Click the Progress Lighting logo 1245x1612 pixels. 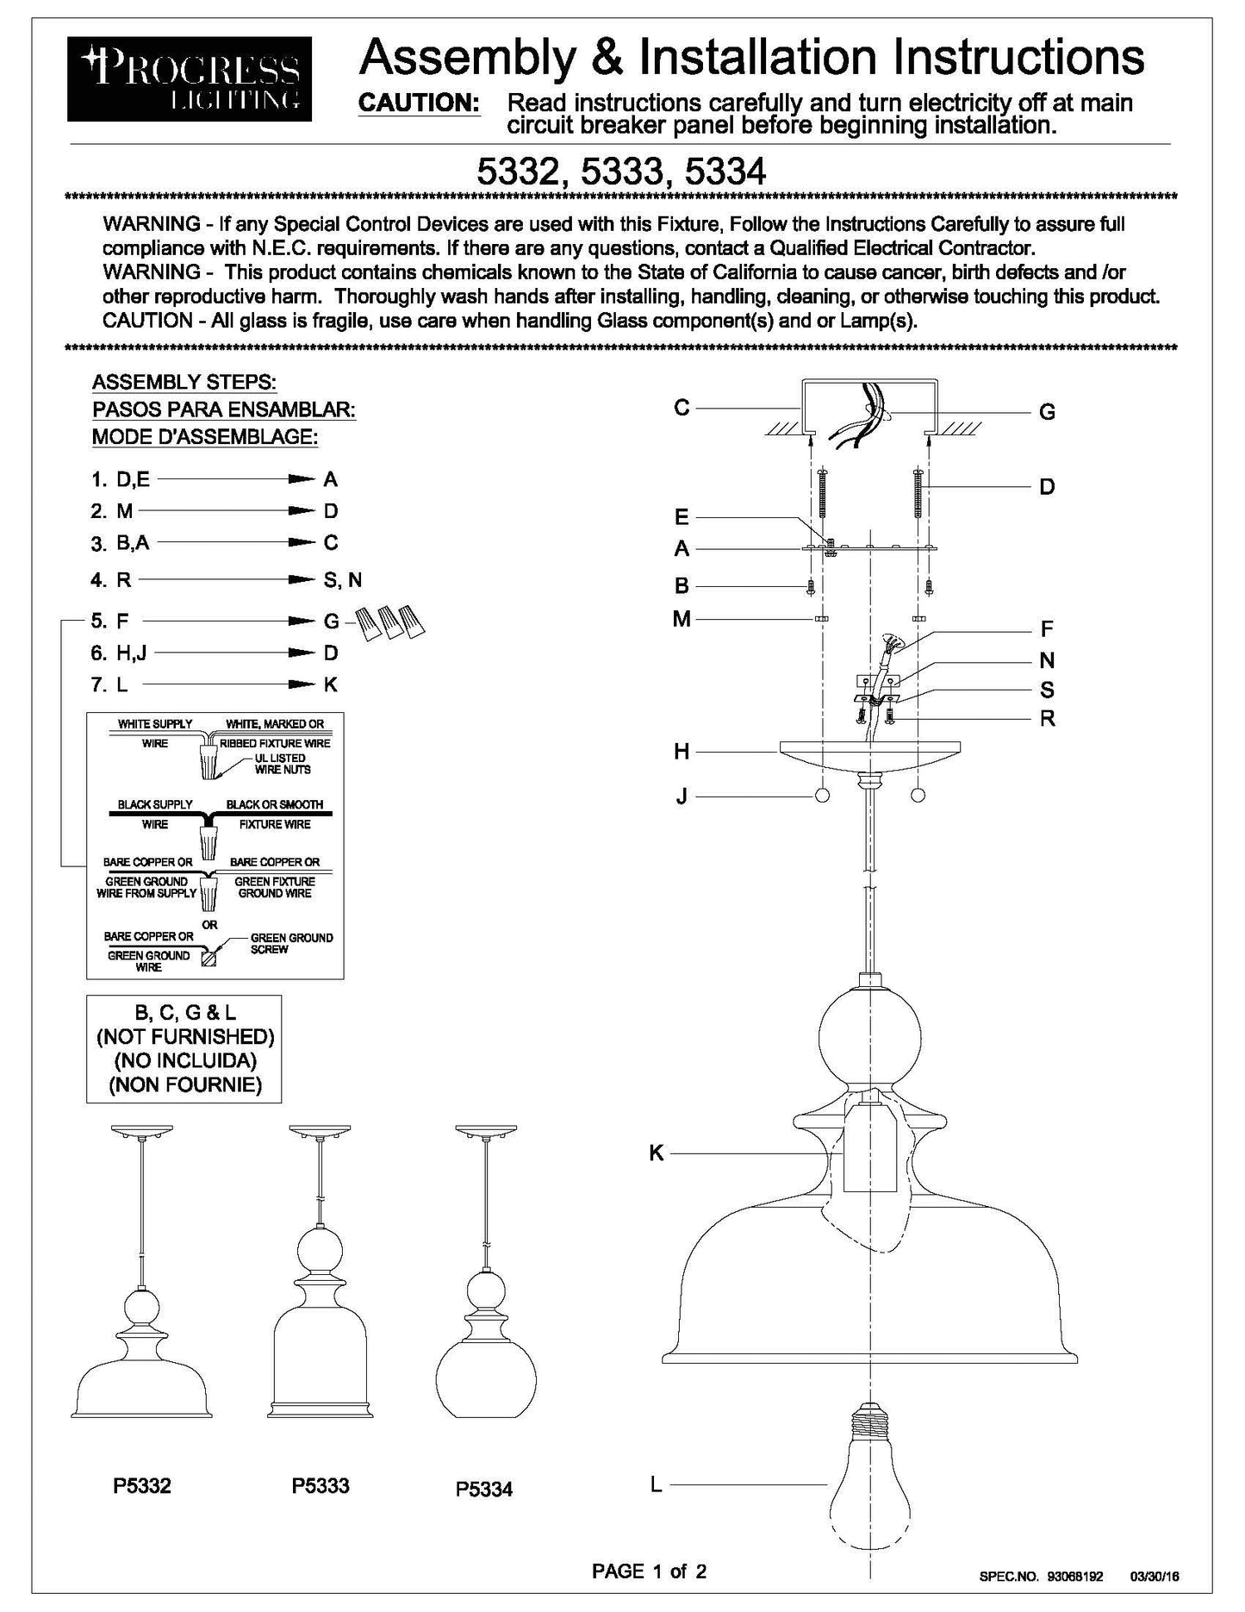190,78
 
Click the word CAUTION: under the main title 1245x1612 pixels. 419,103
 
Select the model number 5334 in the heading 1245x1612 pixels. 725,172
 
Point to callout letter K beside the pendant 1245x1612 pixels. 657,1153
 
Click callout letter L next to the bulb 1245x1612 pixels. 657,1484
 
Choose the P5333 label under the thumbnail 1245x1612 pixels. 321,1485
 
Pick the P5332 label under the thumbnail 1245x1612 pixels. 142,1485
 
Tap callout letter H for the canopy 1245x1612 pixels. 682,752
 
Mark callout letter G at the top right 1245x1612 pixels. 1047,412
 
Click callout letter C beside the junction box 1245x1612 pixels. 682,407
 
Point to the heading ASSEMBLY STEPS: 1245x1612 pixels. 184,382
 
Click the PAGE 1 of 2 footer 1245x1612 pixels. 649,1571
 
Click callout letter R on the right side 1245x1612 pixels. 1047,718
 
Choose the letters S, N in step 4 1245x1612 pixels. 343,580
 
